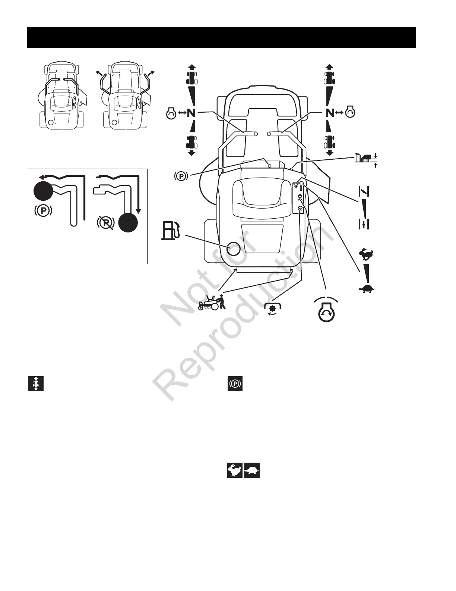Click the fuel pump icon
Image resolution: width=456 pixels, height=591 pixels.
[171, 230]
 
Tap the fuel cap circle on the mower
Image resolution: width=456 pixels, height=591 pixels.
[233, 249]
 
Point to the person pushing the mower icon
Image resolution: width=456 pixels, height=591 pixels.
[212, 302]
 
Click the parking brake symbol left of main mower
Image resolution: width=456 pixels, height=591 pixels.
[181, 175]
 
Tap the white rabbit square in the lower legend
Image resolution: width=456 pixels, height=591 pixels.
[235, 471]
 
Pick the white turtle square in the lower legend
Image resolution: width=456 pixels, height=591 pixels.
[252, 471]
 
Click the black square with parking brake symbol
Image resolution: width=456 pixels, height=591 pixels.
[235, 384]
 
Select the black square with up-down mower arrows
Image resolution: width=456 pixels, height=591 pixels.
[36, 384]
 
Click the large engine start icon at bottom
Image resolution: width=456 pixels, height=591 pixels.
[326, 309]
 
